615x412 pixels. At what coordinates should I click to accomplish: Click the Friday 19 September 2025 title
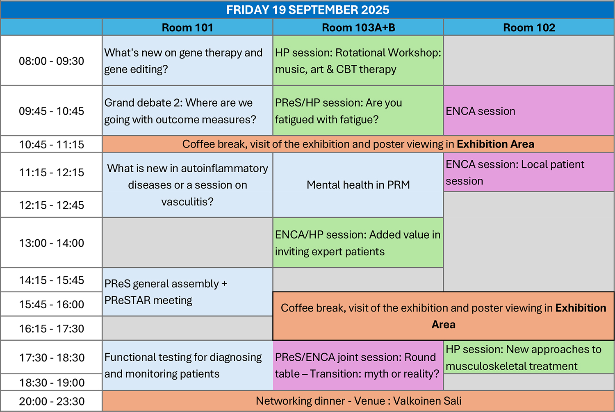307,10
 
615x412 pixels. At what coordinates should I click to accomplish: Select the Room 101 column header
187,27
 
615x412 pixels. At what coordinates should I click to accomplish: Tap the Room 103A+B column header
358,27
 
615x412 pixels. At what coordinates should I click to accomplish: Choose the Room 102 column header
529,27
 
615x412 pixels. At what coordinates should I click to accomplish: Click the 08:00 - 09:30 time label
51,61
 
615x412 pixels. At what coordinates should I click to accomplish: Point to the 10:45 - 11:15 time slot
51,144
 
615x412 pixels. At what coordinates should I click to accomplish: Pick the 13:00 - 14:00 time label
51,243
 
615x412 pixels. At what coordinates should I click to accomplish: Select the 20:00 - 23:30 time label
52,401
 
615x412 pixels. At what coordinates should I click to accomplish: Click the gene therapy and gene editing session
187,61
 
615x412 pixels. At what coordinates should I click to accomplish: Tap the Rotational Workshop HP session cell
358,61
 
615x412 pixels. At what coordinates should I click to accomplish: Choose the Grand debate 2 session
187,111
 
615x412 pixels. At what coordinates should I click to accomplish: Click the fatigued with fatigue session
358,111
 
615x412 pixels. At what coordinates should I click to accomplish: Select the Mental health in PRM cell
358,185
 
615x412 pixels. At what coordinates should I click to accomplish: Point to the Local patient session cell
529,172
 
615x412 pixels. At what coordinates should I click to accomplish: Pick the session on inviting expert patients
358,243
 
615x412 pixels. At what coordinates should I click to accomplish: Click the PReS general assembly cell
187,292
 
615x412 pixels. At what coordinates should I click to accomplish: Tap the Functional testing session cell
187,365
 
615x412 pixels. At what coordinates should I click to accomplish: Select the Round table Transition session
358,365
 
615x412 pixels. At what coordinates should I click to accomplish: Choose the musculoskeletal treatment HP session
529,357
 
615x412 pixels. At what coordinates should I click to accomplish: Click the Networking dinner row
358,401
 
